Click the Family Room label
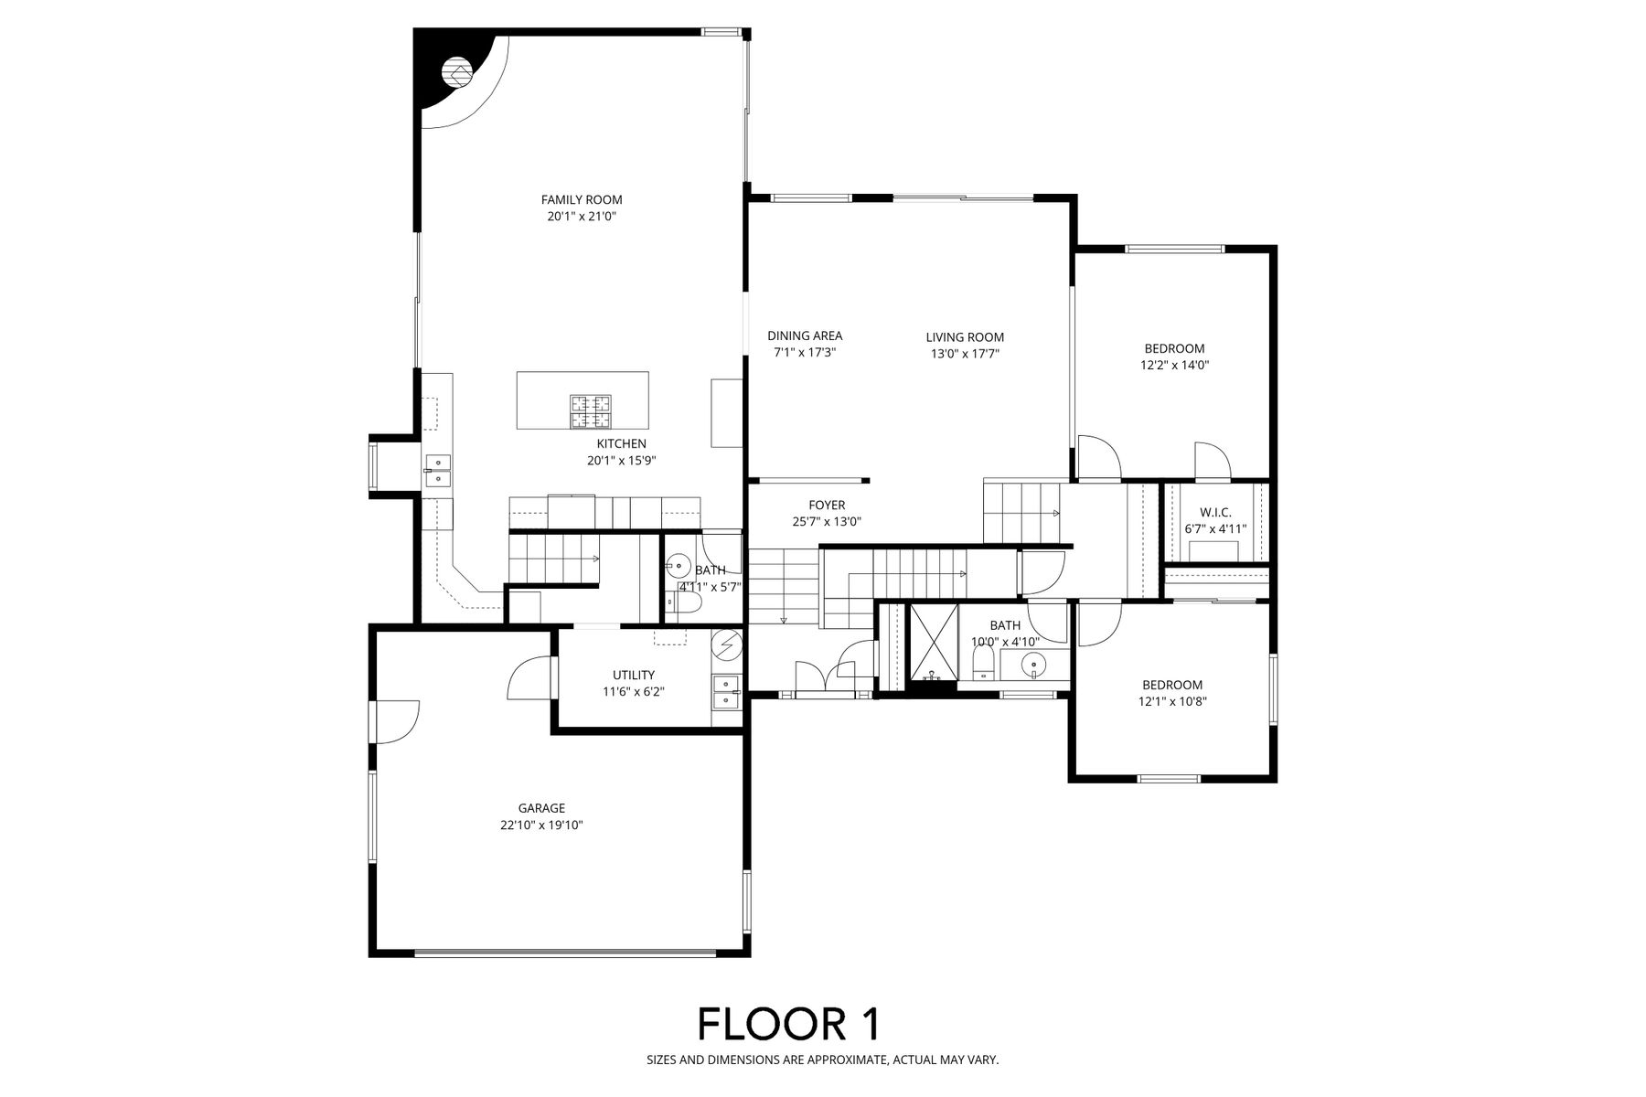click(582, 199)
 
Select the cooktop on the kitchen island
click(591, 411)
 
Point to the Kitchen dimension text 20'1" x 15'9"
click(622, 461)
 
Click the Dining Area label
click(805, 335)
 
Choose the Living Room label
click(965, 337)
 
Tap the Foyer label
click(827, 505)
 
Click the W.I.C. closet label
click(1215, 512)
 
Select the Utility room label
click(634, 676)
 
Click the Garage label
click(541, 808)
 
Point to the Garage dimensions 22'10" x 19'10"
click(541, 825)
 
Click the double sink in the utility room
click(726, 693)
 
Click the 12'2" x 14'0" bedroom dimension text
click(1175, 365)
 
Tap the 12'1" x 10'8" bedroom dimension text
click(1172, 702)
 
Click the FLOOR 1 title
click(789, 1024)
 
